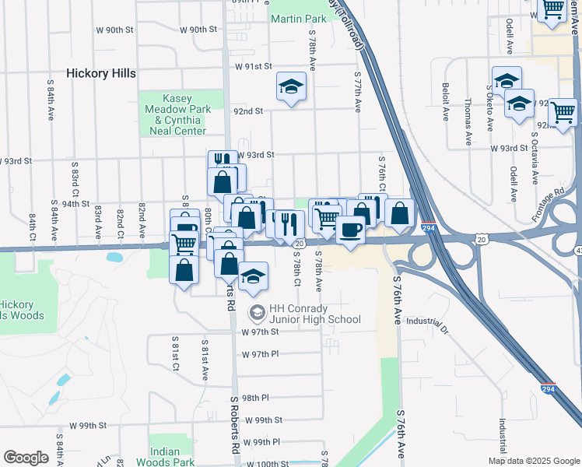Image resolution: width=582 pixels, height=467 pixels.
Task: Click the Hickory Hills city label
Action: [x=101, y=73]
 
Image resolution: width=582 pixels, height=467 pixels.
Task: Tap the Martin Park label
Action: [x=299, y=17]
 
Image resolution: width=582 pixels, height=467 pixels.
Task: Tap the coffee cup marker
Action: [x=350, y=230]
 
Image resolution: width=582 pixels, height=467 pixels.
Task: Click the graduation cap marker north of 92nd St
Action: [x=292, y=86]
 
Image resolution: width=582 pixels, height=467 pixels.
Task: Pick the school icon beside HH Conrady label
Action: [x=257, y=313]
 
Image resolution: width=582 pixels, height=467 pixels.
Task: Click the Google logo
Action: [x=26, y=458]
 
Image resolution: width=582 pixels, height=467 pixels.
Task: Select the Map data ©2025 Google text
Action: [x=534, y=461]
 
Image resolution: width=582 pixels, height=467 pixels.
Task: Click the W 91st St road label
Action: [x=253, y=67]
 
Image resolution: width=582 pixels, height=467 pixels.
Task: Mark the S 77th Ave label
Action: [x=359, y=90]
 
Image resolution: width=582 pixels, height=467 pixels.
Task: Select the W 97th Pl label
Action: [x=260, y=354]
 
